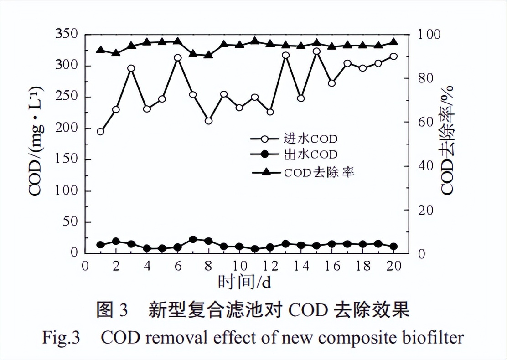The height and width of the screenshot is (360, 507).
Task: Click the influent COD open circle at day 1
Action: (x=101, y=132)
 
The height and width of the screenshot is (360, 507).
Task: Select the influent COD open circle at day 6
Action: (x=178, y=57)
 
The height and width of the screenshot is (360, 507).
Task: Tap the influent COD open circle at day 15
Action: (x=316, y=51)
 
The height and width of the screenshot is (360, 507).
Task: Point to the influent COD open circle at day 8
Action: (x=208, y=121)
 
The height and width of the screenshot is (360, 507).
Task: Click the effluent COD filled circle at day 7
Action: (x=193, y=240)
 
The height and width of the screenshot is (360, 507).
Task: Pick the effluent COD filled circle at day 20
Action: (x=393, y=247)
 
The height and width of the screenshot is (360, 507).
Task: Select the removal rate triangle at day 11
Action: (x=255, y=41)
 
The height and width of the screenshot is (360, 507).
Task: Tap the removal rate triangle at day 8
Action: (x=208, y=55)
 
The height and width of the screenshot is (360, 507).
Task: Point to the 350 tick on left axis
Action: (x=67, y=34)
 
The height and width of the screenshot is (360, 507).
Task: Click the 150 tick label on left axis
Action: (x=67, y=159)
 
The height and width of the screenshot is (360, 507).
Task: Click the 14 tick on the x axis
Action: (x=301, y=266)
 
